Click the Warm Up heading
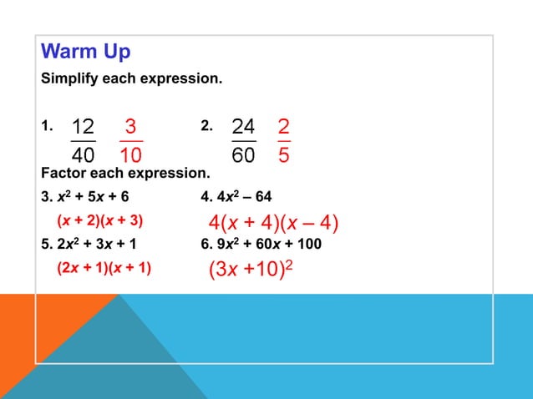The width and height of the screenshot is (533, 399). (x=86, y=52)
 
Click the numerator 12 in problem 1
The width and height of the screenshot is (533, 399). (x=83, y=127)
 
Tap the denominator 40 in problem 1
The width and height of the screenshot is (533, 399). (x=83, y=156)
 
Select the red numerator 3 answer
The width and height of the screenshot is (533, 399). (x=130, y=127)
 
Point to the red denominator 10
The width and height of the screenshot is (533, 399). (x=130, y=156)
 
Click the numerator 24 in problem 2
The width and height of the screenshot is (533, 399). (x=243, y=127)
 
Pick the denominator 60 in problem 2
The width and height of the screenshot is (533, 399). (x=243, y=156)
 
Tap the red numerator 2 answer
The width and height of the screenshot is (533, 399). (x=284, y=127)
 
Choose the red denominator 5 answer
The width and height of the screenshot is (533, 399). (x=284, y=156)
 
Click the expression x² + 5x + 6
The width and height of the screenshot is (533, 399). (x=94, y=198)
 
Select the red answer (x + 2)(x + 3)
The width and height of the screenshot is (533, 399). (x=100, y=221)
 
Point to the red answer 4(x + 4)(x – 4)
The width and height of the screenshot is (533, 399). (x=273, y=224)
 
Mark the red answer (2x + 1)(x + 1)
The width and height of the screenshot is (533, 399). (x=104, y=269)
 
